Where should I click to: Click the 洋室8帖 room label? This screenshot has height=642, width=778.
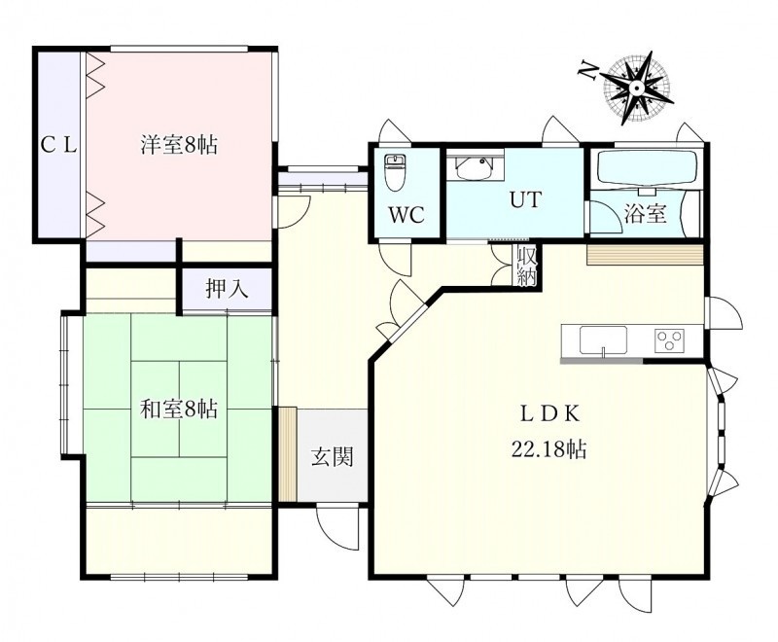(179, 145)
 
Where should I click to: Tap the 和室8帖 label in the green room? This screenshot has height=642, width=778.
(179, 410)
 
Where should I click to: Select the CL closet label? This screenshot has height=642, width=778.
(58, 145)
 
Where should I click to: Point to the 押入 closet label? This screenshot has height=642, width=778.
(227, 288)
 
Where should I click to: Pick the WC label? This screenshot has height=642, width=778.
(407, 215)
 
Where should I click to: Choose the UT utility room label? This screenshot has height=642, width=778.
(525, 199)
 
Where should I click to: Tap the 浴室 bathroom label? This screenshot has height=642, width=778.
(645, 214)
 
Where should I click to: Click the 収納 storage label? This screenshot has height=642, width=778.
(526, 266)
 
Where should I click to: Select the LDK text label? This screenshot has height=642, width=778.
(549, 413)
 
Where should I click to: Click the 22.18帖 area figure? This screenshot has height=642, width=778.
(549, 449)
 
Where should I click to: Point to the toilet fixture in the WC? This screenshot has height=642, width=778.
(396, 172)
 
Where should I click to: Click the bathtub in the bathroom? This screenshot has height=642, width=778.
(648, 167)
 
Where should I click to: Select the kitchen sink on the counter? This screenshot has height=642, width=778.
(603, 340)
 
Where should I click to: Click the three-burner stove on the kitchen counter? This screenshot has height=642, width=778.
(669, 340)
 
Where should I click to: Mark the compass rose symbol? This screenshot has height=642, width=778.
(637, 88)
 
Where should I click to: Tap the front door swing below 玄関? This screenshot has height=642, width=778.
(337, 526)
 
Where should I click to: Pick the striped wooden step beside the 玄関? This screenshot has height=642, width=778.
(287, 454)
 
